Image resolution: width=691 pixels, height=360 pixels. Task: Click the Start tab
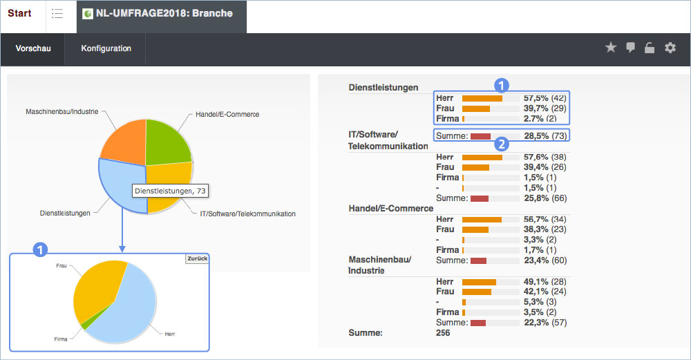tap(19, 13)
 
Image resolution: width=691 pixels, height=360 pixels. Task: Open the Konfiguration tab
tap(106, 48)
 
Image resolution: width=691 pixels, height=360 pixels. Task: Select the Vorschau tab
tap(33, 48)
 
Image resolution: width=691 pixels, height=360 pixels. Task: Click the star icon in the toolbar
tap(610, 47)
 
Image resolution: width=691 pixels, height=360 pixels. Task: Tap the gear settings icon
tap(670, 48)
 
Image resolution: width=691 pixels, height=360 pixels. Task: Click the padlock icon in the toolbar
tap(650, 48)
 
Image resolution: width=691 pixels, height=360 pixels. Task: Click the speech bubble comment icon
tap(630, 48)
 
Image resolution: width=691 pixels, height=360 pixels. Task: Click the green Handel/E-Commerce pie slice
tap(167, 142)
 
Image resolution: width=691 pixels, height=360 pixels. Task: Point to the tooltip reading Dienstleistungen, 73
tap(170, 191)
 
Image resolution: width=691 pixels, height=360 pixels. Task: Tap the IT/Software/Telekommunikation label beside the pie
tap(247, 214)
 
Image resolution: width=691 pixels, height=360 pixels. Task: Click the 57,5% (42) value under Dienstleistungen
tap(545, 98)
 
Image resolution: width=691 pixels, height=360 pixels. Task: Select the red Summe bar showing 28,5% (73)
tap(480, 136)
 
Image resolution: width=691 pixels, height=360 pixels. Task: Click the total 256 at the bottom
tap(443, 332)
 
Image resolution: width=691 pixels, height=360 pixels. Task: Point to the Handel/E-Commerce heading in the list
tap(391, 209)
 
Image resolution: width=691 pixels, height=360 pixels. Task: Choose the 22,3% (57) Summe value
tap(545, 323)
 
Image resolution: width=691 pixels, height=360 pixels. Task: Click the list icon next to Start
tap(57, 13)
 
